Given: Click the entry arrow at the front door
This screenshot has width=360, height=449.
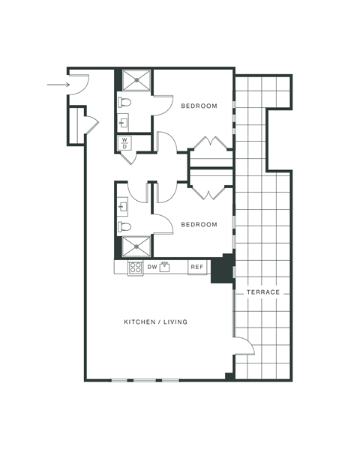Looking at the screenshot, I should [58, 85].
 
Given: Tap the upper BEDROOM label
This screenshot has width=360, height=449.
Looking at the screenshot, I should [199, 106].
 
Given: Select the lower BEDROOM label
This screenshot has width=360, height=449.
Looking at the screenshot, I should [199, 224].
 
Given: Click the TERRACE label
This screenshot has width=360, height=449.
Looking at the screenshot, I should [262, 292].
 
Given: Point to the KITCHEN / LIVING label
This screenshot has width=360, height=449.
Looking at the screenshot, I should [155, 322].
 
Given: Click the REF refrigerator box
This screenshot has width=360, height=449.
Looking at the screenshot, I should [197, 267].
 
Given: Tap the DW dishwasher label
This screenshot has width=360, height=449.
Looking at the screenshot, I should [151, 267].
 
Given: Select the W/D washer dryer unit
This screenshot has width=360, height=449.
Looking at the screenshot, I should [124, 142].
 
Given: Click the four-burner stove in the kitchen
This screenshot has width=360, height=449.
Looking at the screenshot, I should [136, 267].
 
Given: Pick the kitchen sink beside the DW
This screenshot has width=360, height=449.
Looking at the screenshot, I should [166, 267].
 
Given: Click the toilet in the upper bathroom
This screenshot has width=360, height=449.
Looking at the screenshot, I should [124, 101].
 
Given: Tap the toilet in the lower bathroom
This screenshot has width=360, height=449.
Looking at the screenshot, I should [124, 226].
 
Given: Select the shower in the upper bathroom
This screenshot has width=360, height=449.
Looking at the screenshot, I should [136, 80].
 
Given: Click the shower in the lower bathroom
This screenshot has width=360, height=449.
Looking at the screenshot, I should [136, 247].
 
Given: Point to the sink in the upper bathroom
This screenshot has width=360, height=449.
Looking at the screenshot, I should [122, 121].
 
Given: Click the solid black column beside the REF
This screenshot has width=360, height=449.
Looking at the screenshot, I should [222, 269].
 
